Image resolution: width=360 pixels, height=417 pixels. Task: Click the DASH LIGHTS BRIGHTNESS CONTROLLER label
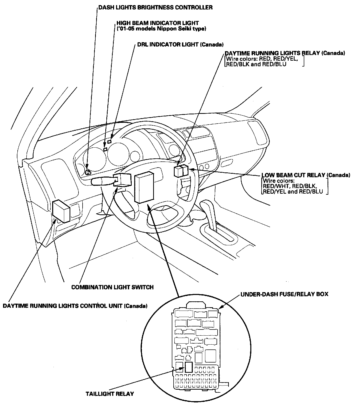(155, 7)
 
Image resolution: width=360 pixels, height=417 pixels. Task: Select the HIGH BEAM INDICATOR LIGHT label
(157, 23)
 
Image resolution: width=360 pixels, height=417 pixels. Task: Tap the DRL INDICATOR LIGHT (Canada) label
(180, 45)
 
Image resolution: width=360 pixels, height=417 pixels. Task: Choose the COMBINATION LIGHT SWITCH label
(112, 287)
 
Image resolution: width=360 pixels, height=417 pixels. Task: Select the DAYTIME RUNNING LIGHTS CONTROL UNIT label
(75, 306)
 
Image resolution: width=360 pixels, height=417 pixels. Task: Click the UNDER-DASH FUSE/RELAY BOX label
(284, 294)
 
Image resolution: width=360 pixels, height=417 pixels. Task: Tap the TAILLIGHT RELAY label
(110, 393)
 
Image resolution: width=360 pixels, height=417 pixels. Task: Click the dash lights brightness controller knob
(88, 172)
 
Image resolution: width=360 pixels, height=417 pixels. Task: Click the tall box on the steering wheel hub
(144, 186)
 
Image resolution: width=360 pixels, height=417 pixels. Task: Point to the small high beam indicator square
(105, 149)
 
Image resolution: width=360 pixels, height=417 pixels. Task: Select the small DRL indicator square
(109, 141)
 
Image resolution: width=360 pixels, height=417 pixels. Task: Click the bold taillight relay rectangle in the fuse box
(189, 367)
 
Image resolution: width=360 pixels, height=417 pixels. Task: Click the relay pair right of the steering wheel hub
(181, 171)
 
